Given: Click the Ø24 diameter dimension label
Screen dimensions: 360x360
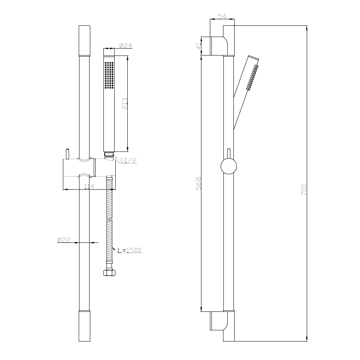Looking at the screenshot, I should pyautogui.click(x=125, y=46).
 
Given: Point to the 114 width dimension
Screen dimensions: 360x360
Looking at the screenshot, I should pyautogui.click(x=90, y=187).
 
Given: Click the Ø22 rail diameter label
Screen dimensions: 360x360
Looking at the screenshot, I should pyautogui.click(x=63, y=240).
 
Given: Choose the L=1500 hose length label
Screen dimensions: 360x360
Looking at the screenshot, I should pyautogui.click(x=130, y=250).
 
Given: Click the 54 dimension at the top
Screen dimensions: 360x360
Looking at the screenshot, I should pyautogui.click(x=222, y=16).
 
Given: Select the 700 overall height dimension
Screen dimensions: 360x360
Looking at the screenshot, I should pyautogui.click(x=304, y=189).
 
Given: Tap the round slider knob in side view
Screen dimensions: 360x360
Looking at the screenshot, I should pyautogui.click(x=228, y=167).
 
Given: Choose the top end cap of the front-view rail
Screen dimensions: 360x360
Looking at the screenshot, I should pyautogui.click(x=85, y=40).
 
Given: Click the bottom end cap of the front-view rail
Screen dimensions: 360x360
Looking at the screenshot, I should pyautogui.click(x=85, y=326).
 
